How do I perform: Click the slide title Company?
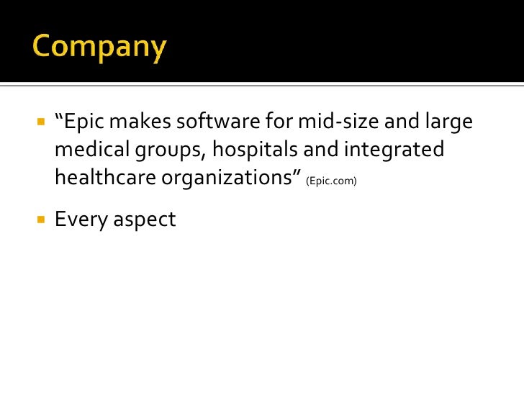[99, 48]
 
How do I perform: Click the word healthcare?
[105, 178]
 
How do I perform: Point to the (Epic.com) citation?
[331, 181]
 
